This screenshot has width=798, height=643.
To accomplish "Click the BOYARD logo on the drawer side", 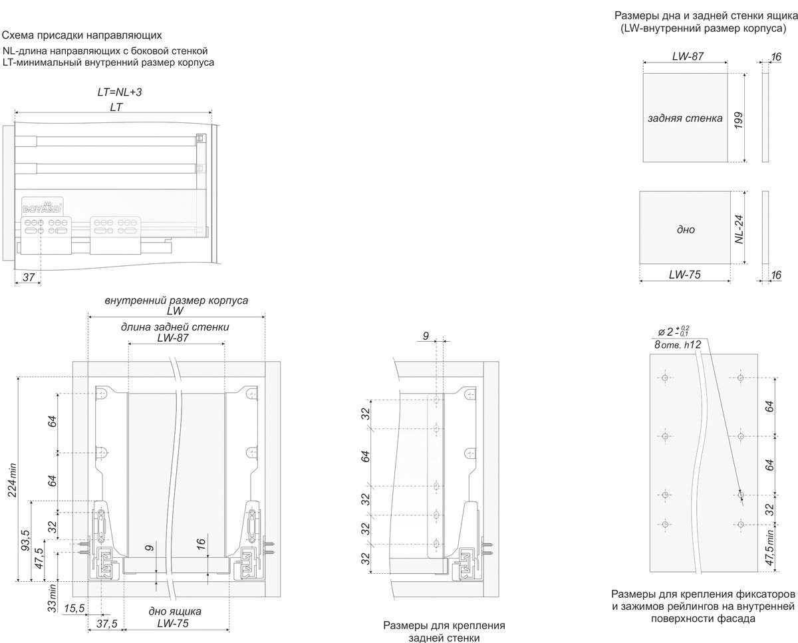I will (43, 205).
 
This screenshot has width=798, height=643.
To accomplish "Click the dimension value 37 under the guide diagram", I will (28, 277).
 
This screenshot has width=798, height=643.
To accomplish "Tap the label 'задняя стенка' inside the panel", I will (685, 118).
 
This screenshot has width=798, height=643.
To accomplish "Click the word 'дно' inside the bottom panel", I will (686, 229).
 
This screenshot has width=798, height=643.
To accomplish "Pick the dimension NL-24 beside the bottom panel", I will (739, 229).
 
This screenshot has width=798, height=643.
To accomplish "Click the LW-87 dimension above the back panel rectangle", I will (688, 57).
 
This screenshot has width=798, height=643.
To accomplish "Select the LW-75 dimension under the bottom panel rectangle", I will (686, 273).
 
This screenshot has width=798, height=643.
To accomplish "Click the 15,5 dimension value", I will (74, 608).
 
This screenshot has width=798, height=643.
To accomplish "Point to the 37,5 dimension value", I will (106, 624).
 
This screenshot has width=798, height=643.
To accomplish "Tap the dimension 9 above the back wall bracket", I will (426, 336).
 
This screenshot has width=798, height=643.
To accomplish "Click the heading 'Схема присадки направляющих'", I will (82, 35).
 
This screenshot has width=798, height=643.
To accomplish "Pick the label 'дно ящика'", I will (176, 611).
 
